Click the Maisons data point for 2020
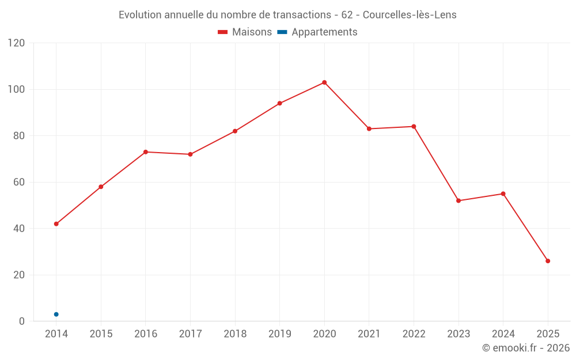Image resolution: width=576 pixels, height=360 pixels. pos(324,82)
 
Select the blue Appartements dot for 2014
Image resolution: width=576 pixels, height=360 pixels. pos(56,314)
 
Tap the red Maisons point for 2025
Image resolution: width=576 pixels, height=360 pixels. pos(548,261)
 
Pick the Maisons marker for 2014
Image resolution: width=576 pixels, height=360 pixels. pos(56,223)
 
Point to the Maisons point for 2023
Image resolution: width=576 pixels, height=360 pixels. pos(458,200)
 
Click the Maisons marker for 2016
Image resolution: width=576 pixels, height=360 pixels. pos(146,152)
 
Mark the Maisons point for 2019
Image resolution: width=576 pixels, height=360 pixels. pos(280,104)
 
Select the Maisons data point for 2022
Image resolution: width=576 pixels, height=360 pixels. pos(414,127)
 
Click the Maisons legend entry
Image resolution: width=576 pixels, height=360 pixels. pos(245,32)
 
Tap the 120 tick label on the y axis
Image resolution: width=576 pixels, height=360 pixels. pos(17,43)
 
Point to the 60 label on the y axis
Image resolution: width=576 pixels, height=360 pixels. pos(19,182)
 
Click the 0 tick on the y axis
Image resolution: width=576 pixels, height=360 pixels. pos(22,321)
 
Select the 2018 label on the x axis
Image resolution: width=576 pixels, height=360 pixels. pos(235,334)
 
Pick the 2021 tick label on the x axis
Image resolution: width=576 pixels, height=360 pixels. pos(369,334)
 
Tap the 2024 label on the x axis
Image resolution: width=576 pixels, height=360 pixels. pos(503,334)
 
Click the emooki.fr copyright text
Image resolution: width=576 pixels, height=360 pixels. pos(526,348)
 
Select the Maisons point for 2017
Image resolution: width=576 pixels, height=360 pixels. pos(190,154)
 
